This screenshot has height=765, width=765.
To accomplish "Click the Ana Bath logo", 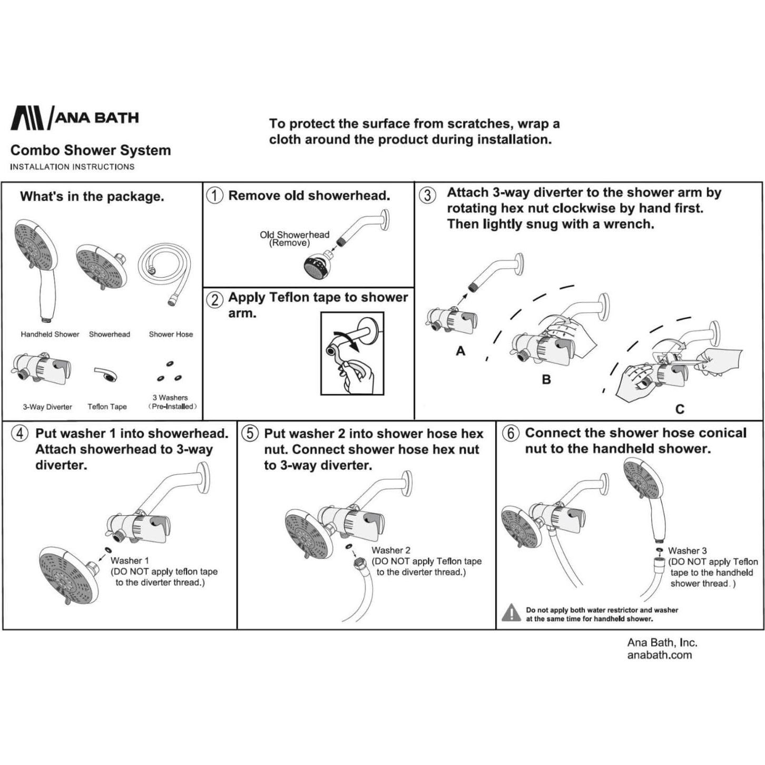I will tap(74, 117).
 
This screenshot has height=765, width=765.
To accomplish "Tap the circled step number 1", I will tap(214, 195).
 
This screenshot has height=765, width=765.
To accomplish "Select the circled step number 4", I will tap(20, 434).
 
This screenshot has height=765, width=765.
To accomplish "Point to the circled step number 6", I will tap(510, 434).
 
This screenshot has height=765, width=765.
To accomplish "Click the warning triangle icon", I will tap(511, 612).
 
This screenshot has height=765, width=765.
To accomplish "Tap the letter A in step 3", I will tap(460, 351).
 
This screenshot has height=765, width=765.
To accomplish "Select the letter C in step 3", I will tap(680, 409).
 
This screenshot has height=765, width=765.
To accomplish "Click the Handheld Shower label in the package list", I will tap(50, 334).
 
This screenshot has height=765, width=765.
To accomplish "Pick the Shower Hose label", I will tap(171, 334).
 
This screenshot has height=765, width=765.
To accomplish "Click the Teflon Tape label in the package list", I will tap(107, 406).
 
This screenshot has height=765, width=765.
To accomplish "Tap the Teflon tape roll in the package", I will tap(106, 375).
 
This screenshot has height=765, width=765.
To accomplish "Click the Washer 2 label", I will tap(391, 550).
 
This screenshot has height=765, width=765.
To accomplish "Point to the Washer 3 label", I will tap(687, 551).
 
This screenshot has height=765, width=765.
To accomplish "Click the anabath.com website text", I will tap(659, 655).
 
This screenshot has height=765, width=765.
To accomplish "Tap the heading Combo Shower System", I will tap(91, 150).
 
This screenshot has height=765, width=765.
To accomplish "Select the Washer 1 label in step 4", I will tap(130, 561).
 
